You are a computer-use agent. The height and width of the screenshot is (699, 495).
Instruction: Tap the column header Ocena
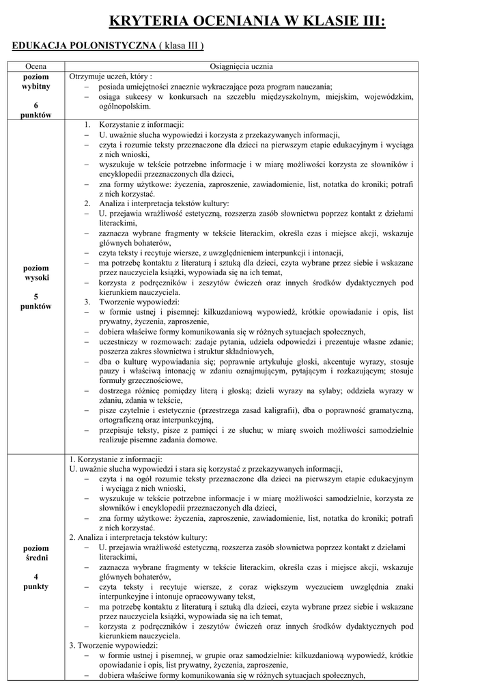tap(36, 66)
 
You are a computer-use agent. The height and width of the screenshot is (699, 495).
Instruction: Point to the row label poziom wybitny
tap(36, 82)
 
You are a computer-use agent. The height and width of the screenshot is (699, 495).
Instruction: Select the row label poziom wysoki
tap(36, 273)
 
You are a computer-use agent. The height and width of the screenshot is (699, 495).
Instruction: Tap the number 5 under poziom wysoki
tap(36, 296)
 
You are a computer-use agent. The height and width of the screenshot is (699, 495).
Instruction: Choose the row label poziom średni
tap(36, 553)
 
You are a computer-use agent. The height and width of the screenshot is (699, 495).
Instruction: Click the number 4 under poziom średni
tap(36, 576)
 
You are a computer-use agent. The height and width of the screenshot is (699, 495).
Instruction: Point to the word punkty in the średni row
tap(36, 586)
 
